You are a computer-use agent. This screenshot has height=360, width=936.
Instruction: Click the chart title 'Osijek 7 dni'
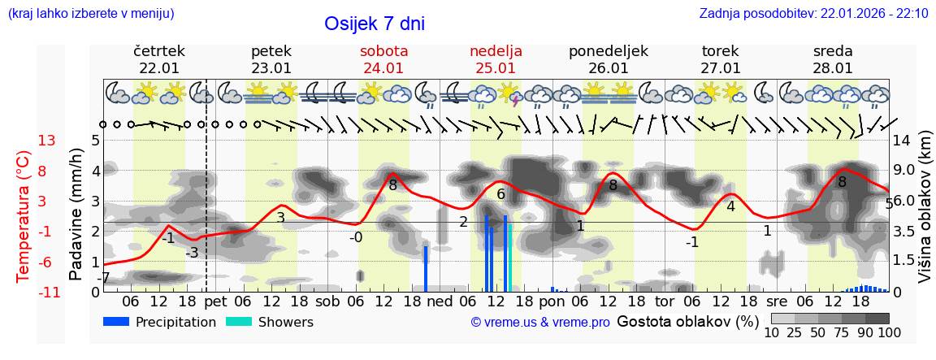(x=374, y=24)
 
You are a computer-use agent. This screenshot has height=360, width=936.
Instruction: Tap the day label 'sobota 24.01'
(x=383, y=59)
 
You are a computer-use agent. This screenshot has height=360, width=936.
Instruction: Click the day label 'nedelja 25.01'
(x=496, y=59)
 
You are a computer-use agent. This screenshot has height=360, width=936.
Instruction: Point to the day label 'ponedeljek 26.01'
(x=608, y=59)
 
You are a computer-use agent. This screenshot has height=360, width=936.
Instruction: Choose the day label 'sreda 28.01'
(x=833, y=59)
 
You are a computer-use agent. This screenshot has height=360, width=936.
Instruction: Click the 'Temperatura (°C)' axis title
(x=23, y=216)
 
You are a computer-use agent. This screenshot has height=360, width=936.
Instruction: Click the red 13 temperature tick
(x=46, y=141)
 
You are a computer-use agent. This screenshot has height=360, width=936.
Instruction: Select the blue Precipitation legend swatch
(x=117, y=322)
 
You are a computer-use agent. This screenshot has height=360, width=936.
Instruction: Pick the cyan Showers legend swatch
(x=239, y=322)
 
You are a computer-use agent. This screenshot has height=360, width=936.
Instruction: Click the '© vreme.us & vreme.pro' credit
(x=540, y=323)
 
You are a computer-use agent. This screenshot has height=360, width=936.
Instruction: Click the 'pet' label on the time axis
(x=215, y=301)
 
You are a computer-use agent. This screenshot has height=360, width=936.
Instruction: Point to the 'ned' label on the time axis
(x=440, y=301)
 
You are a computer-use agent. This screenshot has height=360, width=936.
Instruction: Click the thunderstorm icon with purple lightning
(x=510, y=95)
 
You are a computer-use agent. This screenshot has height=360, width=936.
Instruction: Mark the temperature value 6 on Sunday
(x=501, y=194)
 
